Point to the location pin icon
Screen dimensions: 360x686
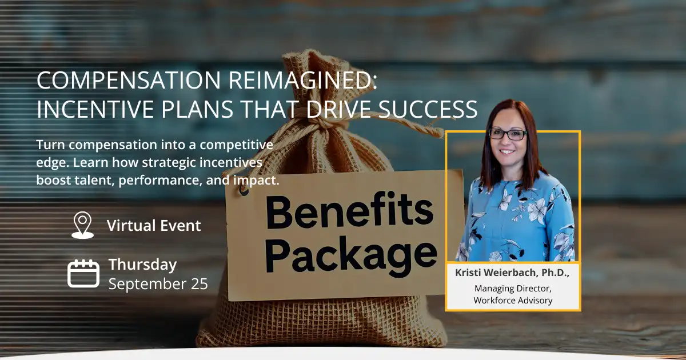pyautogui.click(x=82, y=225)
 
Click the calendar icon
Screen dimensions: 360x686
pyautogui.click(x=83, y=273)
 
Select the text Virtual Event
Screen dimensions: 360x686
pyautogui.click(x=154, y=225)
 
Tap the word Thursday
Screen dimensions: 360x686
pyautogui.click(x=142, y=265)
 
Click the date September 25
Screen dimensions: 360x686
pyautogui.click(x=158, y=283)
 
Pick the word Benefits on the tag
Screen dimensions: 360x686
pyautogui.click(x=349, y=212)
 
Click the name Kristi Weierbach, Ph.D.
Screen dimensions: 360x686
pyautogui.click(x=512, y=273)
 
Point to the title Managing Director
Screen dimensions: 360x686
pyautogui.click(x=513, y=289)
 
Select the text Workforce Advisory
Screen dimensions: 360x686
pyautogui.click(x=513, y=300)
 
